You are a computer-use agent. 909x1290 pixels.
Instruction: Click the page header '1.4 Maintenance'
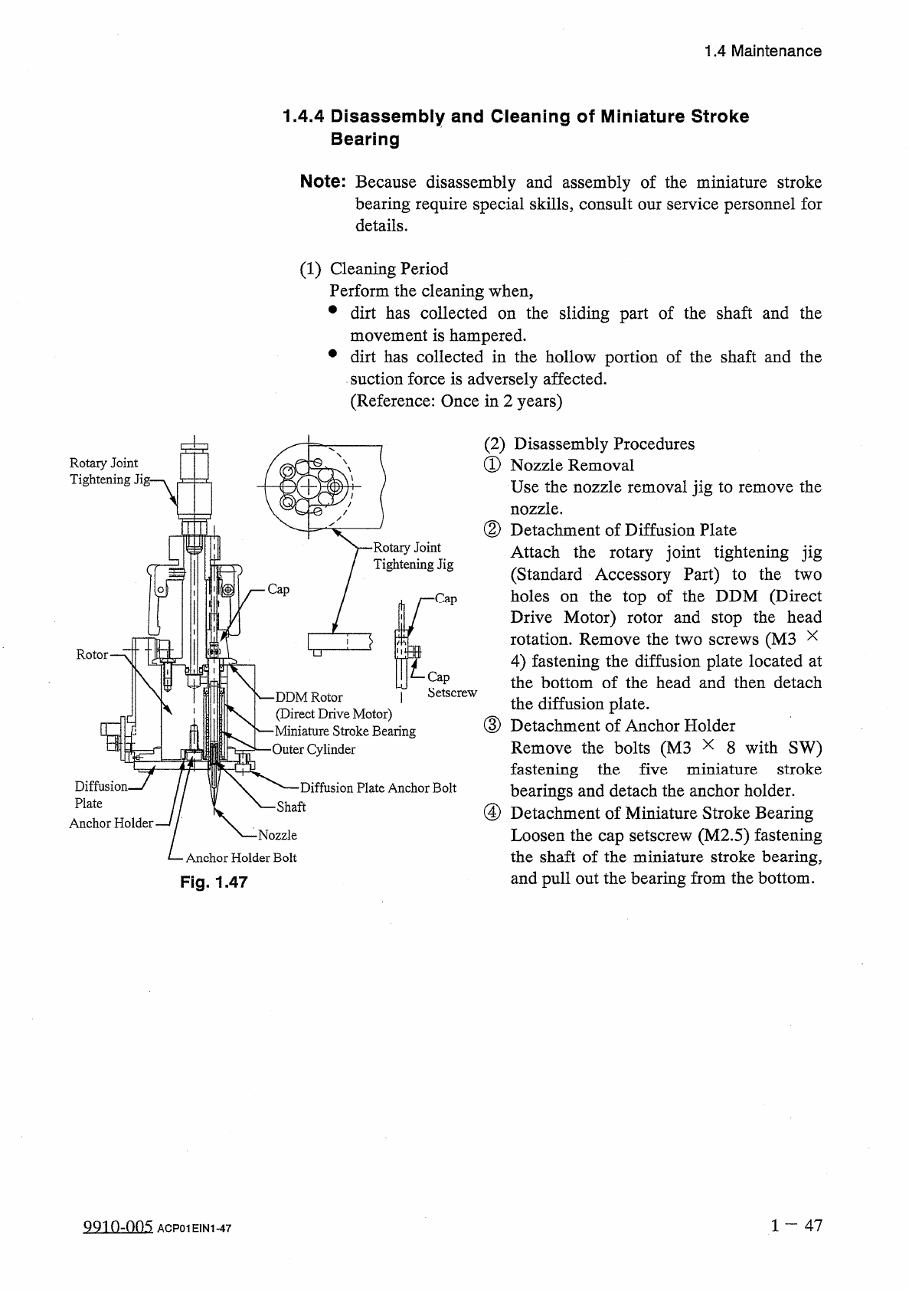pyautogui.click(x=763, y=51)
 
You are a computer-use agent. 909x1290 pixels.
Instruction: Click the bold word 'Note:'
pyautogui.click(x=324, y=182)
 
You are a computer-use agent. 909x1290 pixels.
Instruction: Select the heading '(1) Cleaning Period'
pyautogui.click(x=374, y=269)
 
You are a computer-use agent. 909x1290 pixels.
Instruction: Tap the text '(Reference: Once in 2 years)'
pyautogui.click(x=456, y=401)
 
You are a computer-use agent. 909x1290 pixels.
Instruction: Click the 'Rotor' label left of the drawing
pyautogui.click(x=92, y=654)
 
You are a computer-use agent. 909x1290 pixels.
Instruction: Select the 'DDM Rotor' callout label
pyautogui.click(x=309, y=697)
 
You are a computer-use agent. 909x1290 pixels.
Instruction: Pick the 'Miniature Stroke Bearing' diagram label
pyautogui.click(x=345, y=731)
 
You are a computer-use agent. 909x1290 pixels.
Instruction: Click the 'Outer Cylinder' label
pyautogui.click(x=314, y=749)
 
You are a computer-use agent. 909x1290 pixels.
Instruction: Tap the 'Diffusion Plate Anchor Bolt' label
pyautogui.click(x=378, y=787)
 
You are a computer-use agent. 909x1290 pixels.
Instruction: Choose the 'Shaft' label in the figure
pyautogui.click(x=291, y=807)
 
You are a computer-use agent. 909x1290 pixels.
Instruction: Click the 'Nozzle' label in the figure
pyautogui.click(x=277, y=835)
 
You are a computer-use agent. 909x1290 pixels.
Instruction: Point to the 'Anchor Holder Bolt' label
pyautogui.click(x=241, y=858)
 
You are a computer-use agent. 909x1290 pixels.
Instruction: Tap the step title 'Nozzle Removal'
pyautogui.click(x=572, y=465)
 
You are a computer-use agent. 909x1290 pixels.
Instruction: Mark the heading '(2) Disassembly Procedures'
pyautogui.click(x=590, y=444)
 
